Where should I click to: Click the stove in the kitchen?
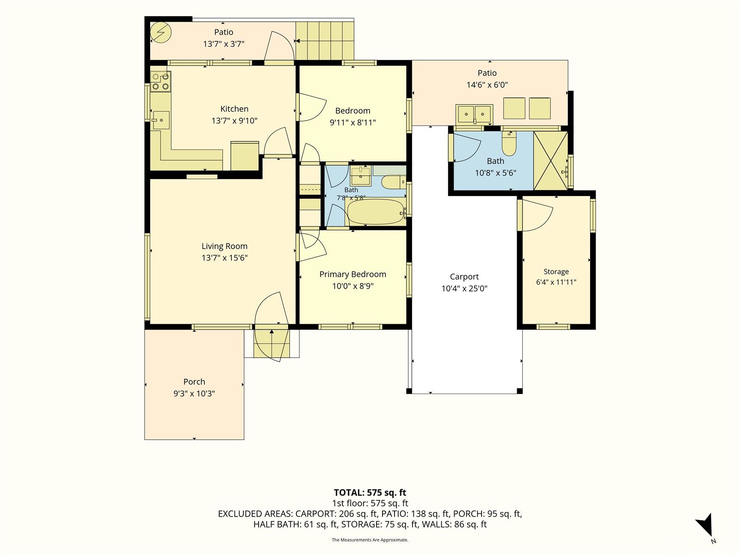click(x=160, y=81)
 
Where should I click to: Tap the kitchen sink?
click(x=161, y=120)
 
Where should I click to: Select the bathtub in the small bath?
click(x=376, y=211)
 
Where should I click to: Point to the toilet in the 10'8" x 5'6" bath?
click(x=509, y=143)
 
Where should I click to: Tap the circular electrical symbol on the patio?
click(x=161, y=32)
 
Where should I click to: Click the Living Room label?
click(x=224, y=247)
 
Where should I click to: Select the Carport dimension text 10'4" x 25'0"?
click(x=464, y=289)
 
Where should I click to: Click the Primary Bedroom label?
click(x=352, y=274)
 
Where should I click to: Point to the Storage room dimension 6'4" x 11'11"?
click(x=556, y=282)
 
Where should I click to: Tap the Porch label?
click(x=194, y=382)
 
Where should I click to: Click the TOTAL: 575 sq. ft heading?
click(x=370, y=493)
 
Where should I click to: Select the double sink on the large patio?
click(x=475, y=115)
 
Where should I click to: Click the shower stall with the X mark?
click(x=550, y=161)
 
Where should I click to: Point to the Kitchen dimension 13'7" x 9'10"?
click(x=234, y=121)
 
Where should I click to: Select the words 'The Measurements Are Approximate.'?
click(x=370, y=540)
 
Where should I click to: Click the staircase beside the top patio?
click(x=325, y=41)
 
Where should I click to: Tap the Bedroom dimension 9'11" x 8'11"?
click(x=352, y=123)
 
